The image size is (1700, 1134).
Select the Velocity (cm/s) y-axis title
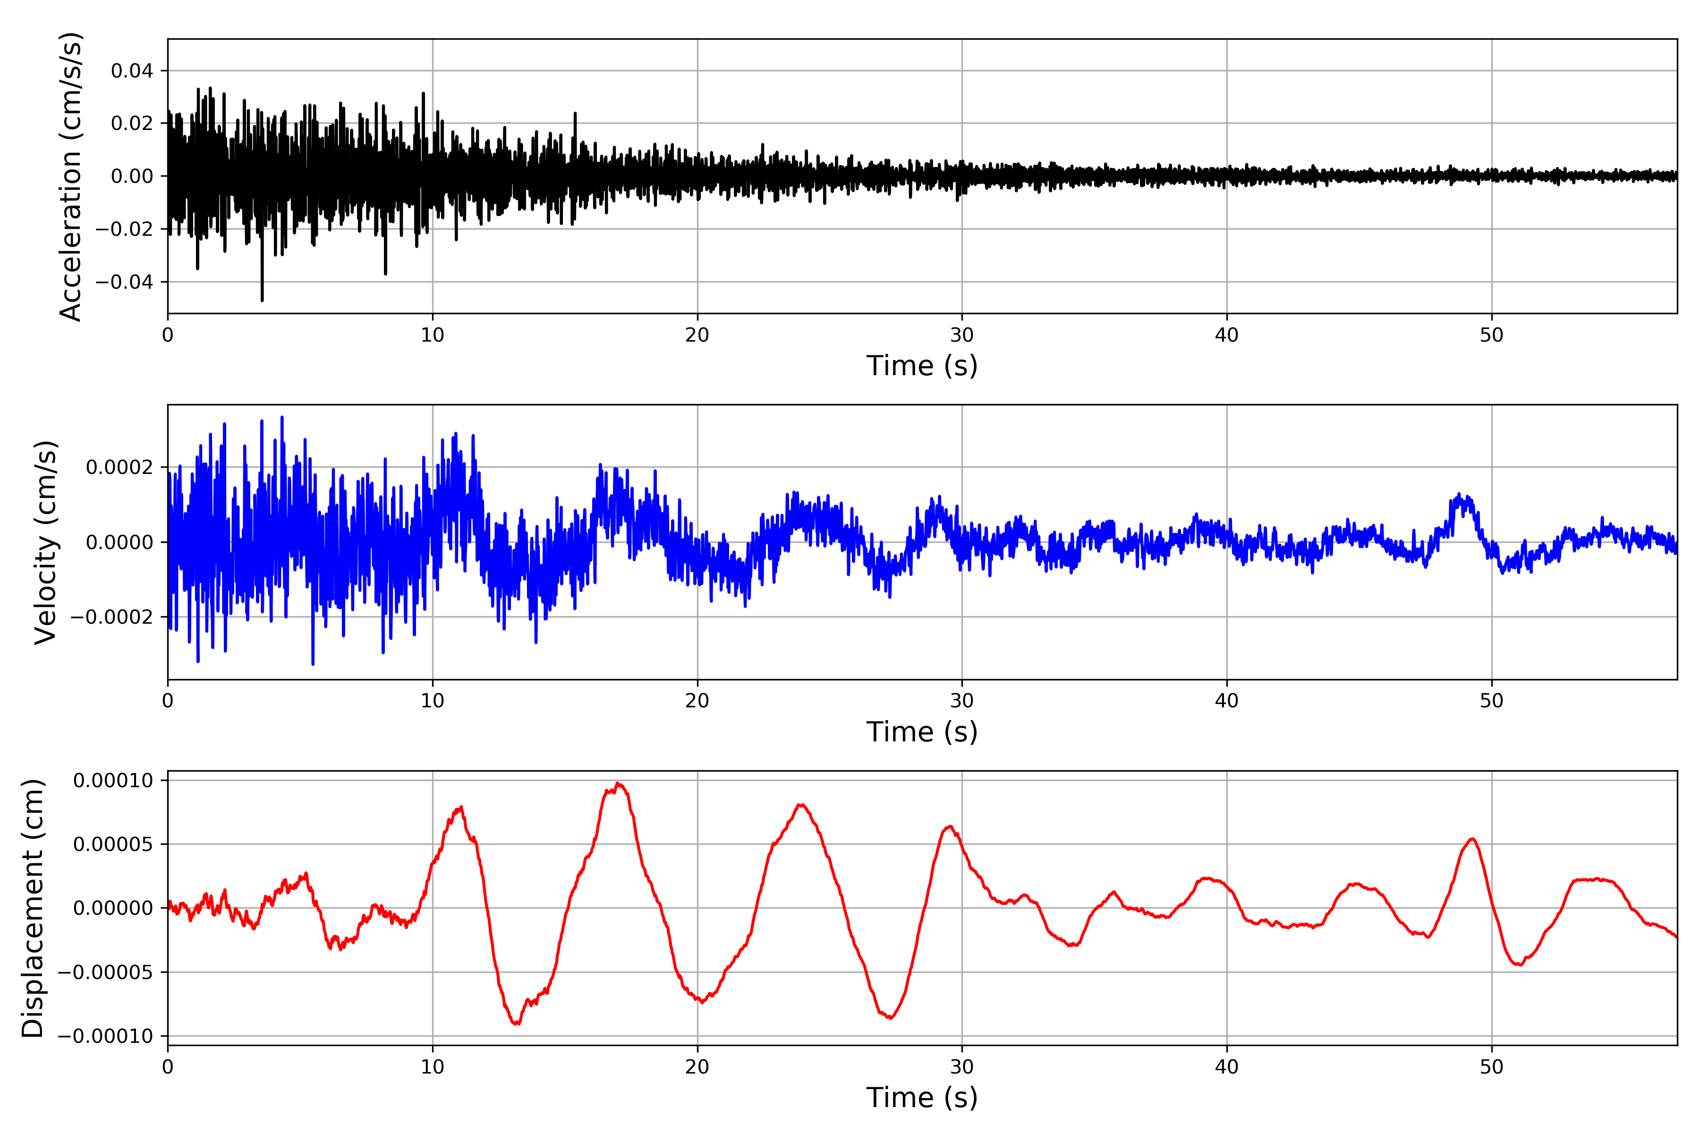45,542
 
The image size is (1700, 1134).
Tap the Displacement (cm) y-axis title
33,908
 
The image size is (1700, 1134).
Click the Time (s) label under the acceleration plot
922,366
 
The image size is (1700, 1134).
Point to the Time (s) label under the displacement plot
922,1098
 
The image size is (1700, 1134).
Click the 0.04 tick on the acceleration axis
132,71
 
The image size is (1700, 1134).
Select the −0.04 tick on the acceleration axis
124,282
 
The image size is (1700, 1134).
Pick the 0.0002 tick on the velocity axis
119,467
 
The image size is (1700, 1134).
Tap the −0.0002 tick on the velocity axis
112,617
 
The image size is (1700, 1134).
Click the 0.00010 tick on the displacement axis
113,781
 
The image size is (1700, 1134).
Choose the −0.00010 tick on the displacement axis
105,1036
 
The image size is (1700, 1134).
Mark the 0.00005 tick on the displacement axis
113,844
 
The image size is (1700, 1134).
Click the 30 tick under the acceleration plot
962,335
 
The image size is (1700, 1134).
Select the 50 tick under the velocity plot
1491,701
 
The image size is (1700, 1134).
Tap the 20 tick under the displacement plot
697,1067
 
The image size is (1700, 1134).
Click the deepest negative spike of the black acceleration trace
263,300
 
